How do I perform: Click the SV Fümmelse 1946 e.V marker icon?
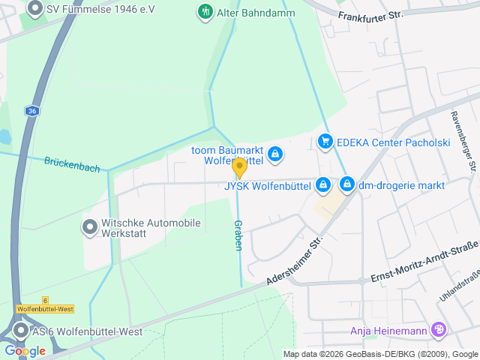tap(34, 9)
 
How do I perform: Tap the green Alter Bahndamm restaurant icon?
tap(204, 11)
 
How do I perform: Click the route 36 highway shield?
tap(31, 111)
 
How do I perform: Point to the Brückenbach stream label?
tap(71, 163)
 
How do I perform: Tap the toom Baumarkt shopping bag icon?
tap(275, 154)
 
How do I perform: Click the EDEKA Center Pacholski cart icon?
tap(325, 141)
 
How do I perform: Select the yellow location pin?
tap(239, 167)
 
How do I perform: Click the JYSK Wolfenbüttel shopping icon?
tap(322, 184)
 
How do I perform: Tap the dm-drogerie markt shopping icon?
tap(347, 184)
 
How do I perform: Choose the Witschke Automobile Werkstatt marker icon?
tap(90, 226)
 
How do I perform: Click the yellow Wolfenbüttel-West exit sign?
tap(45, 308)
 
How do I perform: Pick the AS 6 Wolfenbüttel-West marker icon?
tap(20, 331)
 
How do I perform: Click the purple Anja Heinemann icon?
tap(439, 330)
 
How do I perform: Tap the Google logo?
tap(25, 350)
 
